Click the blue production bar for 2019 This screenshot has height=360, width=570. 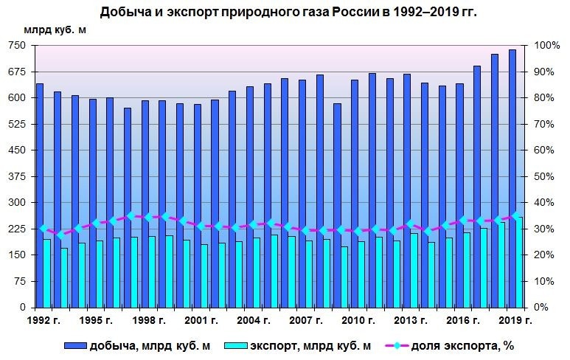click(x=512, y=177)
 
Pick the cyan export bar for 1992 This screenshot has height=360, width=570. click(x=47, y=273)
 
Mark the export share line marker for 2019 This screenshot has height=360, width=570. click(x=515, y=215)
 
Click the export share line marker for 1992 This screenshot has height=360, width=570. click(x=44, y=229)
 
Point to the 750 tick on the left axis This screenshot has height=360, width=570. click(x=16, y=46)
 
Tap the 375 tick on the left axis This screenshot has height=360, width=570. click(x=16, y=176)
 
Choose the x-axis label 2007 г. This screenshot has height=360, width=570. click(x=305, y=320)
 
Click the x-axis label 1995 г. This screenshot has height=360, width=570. click(x=96, y=320)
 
